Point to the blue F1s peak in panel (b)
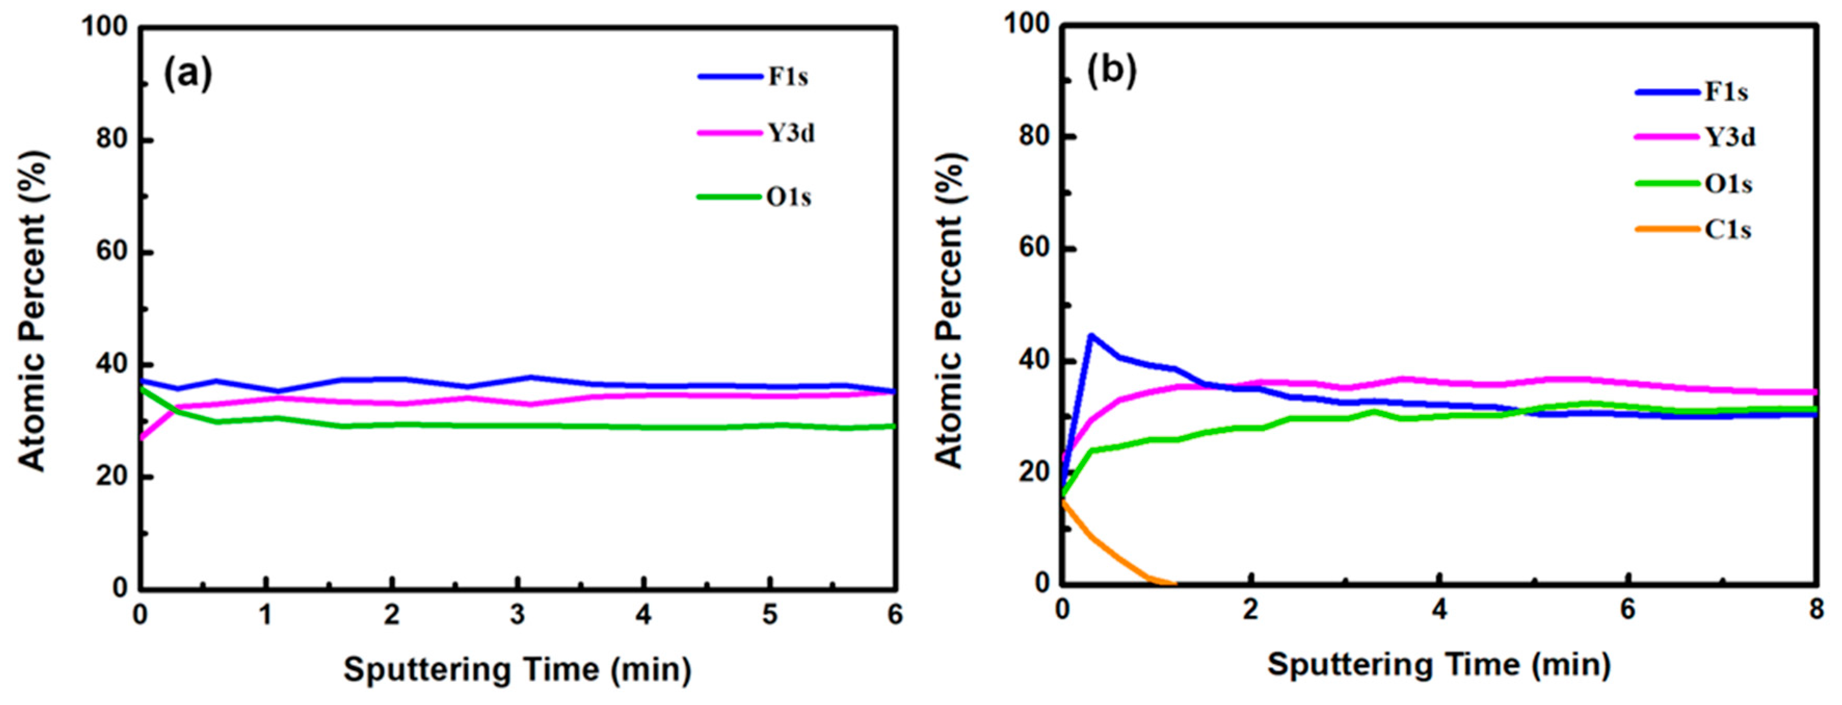(1090, 335)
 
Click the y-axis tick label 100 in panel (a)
(104, 26)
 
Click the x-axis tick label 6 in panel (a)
(895, 615)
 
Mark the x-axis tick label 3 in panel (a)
(517, 615)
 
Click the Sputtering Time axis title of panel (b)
(1439, 664)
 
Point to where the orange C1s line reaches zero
(1173, 583)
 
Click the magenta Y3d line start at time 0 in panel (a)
(142, 437)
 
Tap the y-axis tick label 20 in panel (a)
(112, 477)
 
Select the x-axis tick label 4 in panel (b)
(1439, 609)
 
